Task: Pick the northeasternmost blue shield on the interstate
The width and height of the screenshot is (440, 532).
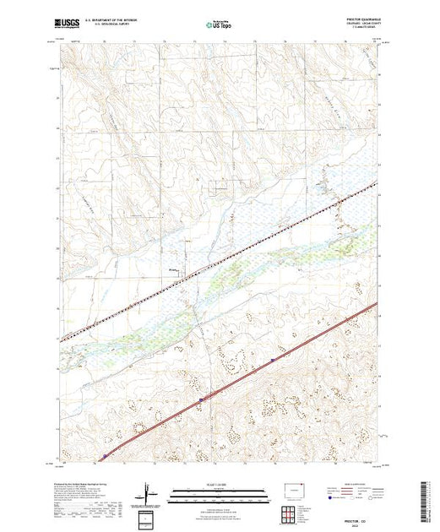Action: coord(272,360)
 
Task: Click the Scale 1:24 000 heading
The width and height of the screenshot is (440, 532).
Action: coord(220,484)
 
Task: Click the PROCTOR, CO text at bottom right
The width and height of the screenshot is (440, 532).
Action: coord(364,513)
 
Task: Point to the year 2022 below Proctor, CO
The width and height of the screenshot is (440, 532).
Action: coord(364,518)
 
